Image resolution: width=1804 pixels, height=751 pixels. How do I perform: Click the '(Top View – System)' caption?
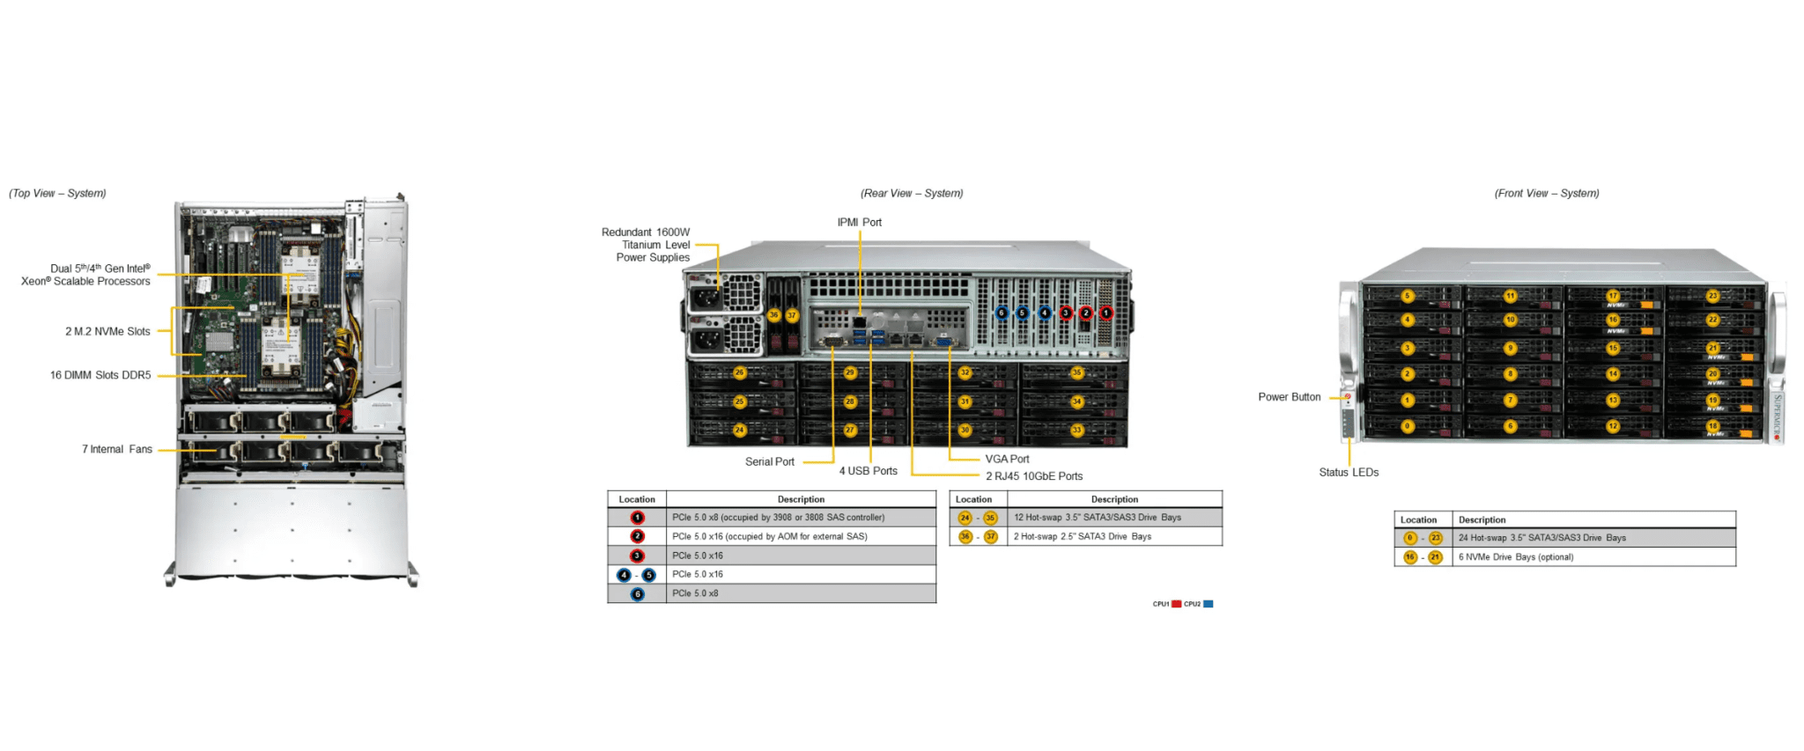point(57,194)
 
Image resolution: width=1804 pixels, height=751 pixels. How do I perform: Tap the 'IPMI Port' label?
point(859,223)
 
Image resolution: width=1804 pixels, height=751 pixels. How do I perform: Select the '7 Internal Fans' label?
point(117,450)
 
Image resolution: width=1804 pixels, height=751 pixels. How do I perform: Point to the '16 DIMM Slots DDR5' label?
point(100,376)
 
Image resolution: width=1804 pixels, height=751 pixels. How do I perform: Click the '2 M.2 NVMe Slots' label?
point(107,332)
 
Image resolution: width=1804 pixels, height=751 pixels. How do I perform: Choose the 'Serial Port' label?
point(769,462)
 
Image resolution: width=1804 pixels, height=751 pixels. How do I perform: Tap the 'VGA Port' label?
point(1007,460)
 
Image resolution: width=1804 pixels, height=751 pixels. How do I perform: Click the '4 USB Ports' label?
point(868,472)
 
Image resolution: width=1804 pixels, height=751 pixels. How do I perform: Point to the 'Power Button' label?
point(1289,398)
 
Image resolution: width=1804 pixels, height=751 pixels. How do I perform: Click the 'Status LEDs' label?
point(1349,473)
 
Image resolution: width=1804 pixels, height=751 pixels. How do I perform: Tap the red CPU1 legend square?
point(1176,604)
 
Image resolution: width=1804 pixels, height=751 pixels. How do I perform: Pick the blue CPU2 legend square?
point(1209,604)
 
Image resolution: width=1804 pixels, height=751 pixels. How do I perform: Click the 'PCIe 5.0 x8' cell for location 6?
point(695,594)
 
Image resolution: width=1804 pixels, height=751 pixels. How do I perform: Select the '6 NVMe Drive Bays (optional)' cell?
point(1515,557)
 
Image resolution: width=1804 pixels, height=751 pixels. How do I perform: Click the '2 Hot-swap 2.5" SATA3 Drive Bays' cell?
point(1082,537)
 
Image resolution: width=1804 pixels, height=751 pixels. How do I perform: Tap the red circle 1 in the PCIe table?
point(637,518)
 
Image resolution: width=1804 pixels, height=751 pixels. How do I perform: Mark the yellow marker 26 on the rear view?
point(739,373)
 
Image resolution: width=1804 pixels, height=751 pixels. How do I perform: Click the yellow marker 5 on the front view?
point(1408,297)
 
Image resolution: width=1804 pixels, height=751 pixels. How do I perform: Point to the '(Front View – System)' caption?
point(1546,194)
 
